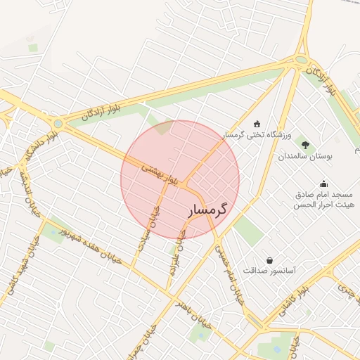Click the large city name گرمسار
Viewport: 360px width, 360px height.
pyautogui.click(x=210, y=210)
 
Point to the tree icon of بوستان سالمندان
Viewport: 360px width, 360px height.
pyautogui.click(x=304, y=144)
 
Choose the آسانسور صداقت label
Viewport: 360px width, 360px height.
pyautogui.click(x=269, y=270)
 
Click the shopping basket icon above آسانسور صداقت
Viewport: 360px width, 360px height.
pyautogui.click(x=269, y=259)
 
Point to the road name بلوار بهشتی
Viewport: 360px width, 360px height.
pyautogui.click(x=162, y=174)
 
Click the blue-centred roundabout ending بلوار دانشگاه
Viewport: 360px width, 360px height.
pyautogui.click(x=58, y=124)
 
